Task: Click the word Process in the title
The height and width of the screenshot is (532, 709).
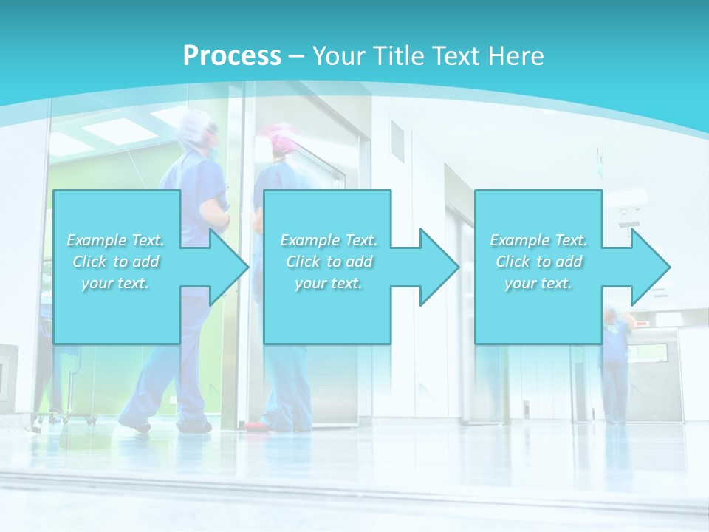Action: point(232,56)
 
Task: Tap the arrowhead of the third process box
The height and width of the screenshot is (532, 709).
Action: point(650,267)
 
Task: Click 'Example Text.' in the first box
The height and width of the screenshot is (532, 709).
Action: point(116,240)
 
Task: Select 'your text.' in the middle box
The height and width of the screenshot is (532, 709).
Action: point(328,283)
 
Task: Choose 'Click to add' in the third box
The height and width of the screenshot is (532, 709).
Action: point(538,262)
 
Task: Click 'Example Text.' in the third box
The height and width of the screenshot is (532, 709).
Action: point(538,240)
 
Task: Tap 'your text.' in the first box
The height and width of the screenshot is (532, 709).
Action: point(116,283)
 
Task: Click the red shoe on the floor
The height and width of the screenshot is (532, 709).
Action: point(256,426)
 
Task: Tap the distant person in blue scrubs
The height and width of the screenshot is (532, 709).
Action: point(614,362)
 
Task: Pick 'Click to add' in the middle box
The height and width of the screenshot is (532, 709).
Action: point(328,262)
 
